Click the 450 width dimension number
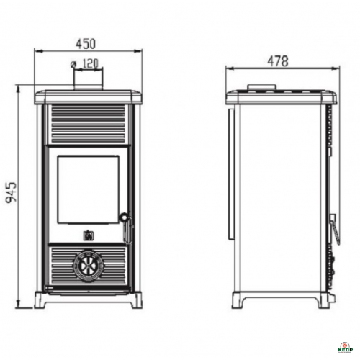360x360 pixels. pyautogui.click(x=86, y=44)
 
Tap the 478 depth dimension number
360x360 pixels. pyautogui.click(x=278, y=61)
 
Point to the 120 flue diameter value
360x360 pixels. pyautogui.click(x=91, y=63)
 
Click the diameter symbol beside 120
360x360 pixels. pyautogui.click(x=73, y=64)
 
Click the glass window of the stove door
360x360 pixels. pyautogui.click(x=88, y=189)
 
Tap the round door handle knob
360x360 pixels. pyautogui.click(x=124, y=217)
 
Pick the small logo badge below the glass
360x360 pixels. pyautogui.click(x=86, y=235)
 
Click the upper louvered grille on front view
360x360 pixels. pyautogui.click(x=89, y=125)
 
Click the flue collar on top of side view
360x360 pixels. pyautogui.click(x=261, y=87)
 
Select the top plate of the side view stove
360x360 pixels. pyautogui.click(x=281, y=97)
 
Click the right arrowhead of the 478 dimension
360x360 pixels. pyautogui.click(x=336, y=68)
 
